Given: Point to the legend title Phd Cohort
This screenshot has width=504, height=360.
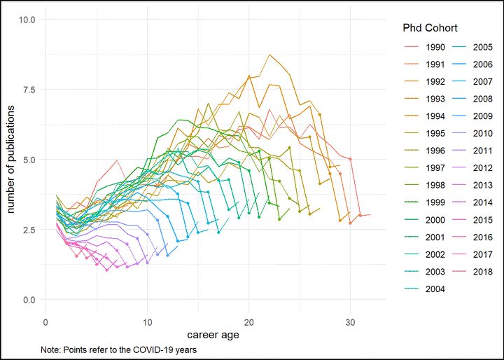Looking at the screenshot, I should (x=430, y=28).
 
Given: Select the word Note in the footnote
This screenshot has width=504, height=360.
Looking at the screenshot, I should (x=50, y=349).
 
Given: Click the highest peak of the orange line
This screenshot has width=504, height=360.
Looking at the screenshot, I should (x=269, y=55).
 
